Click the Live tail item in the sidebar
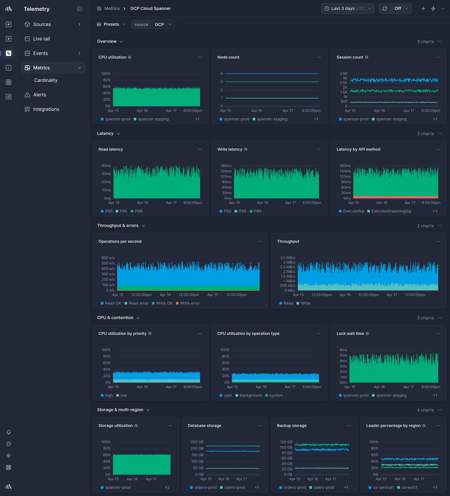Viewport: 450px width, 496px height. click(41, 39)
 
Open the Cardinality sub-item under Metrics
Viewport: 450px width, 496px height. click(46, 80)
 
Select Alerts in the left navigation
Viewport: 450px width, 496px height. click(39, 95)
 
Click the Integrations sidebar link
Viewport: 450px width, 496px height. click(46, 109)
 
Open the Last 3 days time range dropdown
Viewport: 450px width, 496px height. click(347, 8)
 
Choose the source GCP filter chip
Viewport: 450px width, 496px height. click(153, 25)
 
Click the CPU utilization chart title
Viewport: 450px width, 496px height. click(112, 57)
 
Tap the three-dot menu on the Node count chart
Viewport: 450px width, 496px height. click(319, 57)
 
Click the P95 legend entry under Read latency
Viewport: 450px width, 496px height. click(124, 211)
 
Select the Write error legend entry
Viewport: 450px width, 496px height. click(190, 304)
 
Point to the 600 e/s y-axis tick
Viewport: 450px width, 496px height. click(108, 258)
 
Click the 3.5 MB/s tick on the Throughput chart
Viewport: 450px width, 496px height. click(287, 258)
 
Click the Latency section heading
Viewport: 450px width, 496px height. click(105, 134)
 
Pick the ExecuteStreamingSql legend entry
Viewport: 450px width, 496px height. click(391, 211)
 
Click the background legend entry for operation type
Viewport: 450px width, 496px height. click(250, 396)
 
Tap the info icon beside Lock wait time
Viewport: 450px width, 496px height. click(367, 334)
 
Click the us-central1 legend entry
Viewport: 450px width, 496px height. click(383, 488)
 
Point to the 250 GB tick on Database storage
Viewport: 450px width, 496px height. click(197, 442)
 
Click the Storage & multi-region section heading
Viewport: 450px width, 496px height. click(120, 410)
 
